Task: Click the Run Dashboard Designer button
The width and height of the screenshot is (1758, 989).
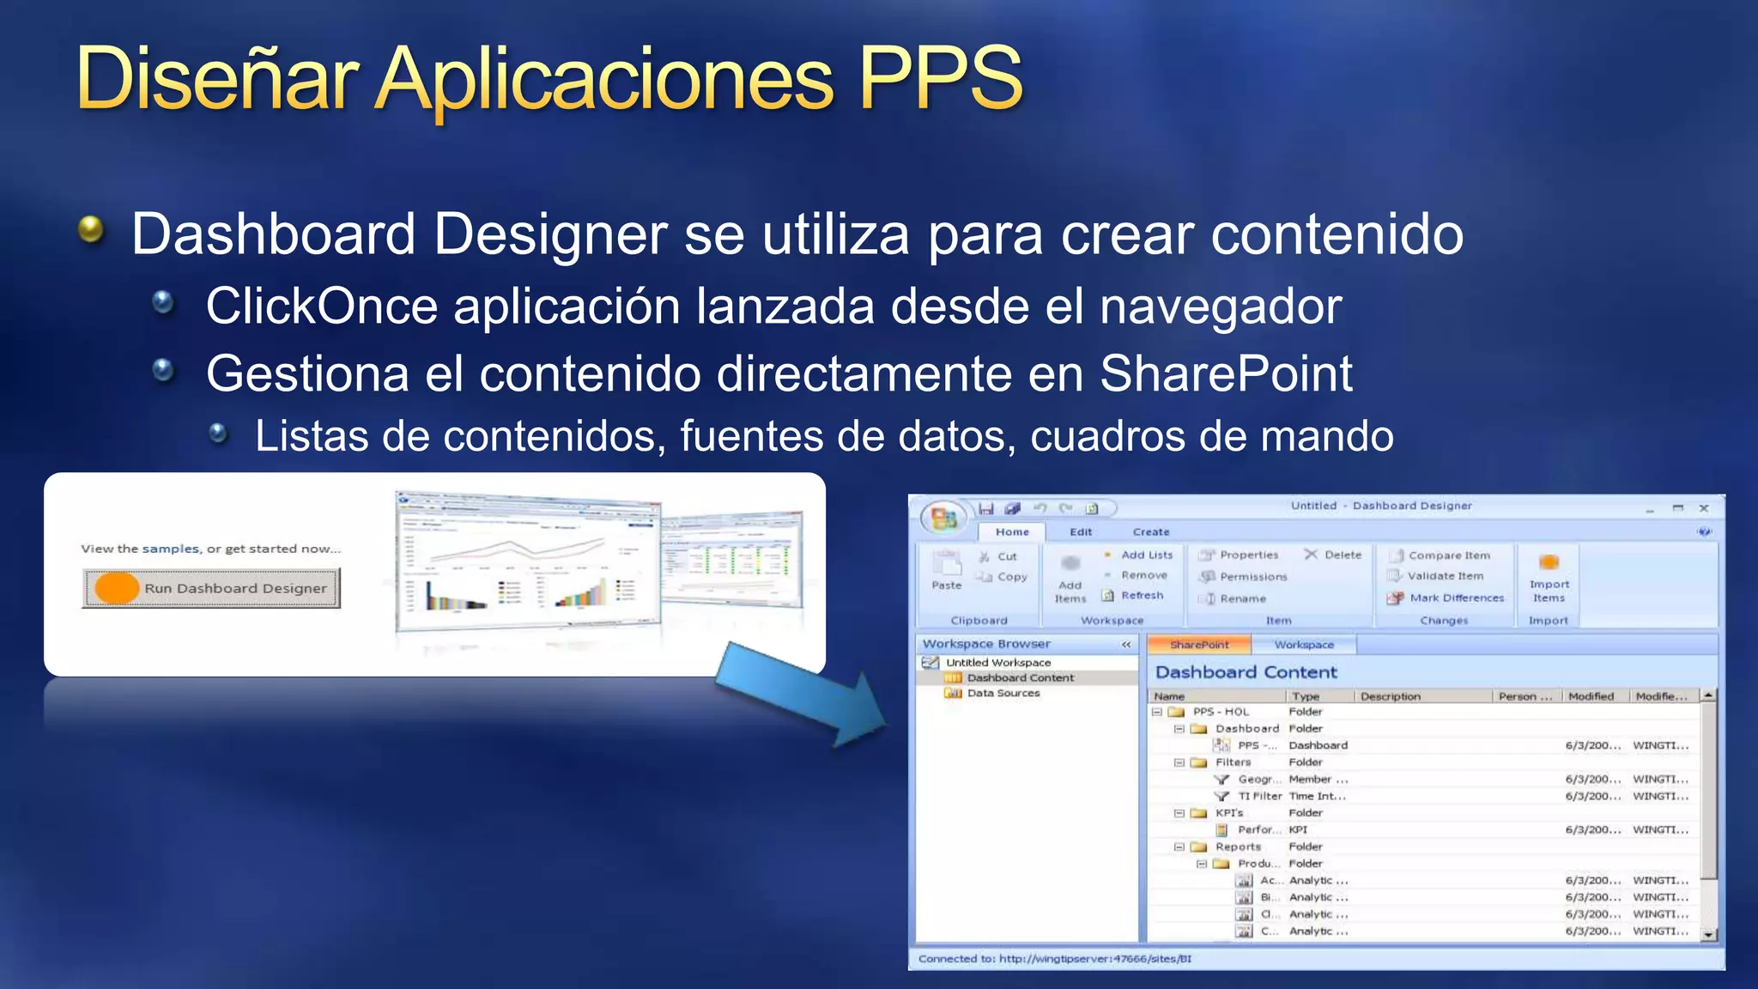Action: point(211,588)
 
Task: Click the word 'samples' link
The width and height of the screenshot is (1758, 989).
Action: point(170,549)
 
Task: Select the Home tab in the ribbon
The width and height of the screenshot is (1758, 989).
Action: point(1012,532)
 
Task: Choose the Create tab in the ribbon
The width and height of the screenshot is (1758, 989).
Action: point(1150,532)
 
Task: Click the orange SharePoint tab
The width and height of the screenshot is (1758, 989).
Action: point(1199,645)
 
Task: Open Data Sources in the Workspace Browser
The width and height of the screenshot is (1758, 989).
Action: point(1003,694)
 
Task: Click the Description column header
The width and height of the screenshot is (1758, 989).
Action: point(1391,696)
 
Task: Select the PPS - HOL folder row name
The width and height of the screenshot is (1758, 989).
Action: point(1221,712)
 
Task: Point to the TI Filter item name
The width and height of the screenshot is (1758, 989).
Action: point(1259,796)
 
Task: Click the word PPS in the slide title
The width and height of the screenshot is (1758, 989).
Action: point(940,79)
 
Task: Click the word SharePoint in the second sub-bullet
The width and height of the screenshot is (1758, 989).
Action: point(1226,374)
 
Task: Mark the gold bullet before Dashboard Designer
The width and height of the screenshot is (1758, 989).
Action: point(90,229)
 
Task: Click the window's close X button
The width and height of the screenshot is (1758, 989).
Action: point(1704,508)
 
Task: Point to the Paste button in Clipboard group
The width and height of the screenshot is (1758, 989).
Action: point(947,571)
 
